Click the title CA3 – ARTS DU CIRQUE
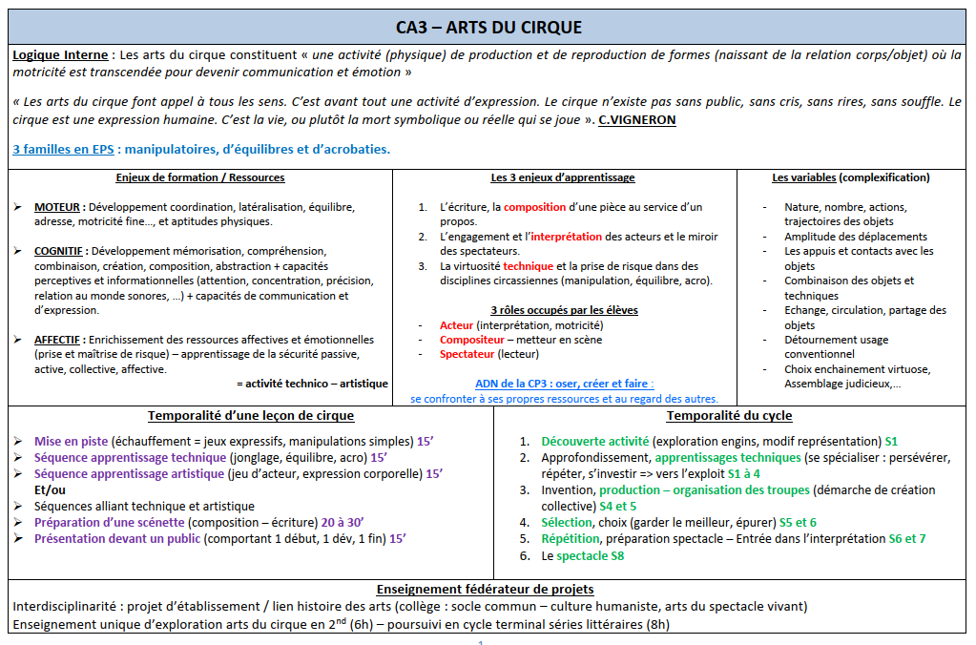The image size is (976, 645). (x=488, y=27)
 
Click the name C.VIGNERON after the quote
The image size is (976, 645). (x=638, y=119)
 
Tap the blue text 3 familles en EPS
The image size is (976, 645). (x=62, y=150)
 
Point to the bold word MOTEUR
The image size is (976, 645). (x=58, y=207)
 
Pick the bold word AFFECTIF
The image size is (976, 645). (x=60, y=340)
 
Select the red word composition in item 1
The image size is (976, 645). (x=535, y=207)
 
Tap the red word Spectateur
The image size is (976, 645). (x=467, y=354)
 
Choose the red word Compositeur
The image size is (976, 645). (x=473, y=340)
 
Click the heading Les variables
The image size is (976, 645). (x=804, y=177)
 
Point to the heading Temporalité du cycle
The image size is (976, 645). (x=729, y=416)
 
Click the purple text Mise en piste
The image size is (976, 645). (x=71, y=442)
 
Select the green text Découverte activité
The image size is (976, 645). (x=594, y=442)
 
